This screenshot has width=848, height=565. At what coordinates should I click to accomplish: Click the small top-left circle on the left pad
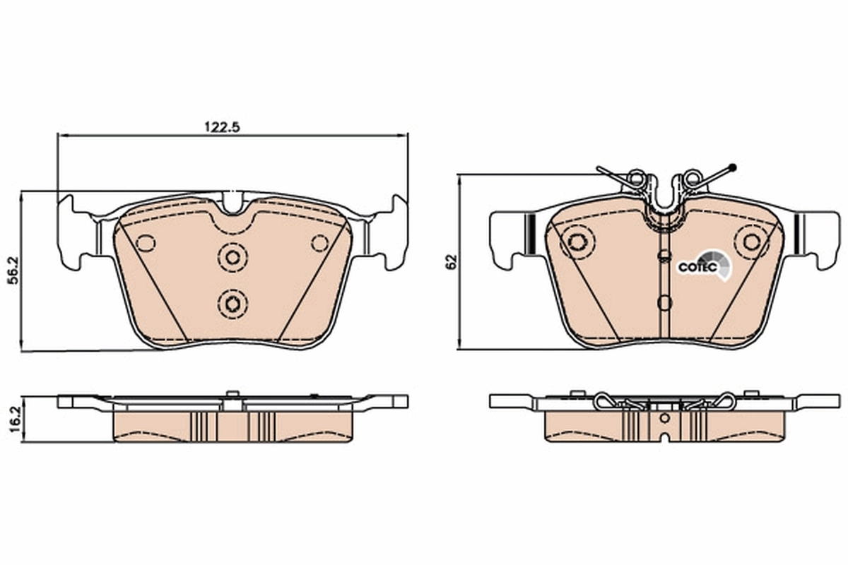(x=146, y=243)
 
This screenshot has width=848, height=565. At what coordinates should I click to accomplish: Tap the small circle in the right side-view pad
(x=664, y=418)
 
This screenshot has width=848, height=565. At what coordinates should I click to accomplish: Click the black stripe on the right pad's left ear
(x=528, y=232)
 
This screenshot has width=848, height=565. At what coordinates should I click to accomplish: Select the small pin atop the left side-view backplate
(x=231, y=394)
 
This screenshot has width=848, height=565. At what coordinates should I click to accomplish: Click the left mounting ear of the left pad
(x=73, y=233)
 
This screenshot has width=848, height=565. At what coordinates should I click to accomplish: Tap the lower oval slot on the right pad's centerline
(x=664, y=303)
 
